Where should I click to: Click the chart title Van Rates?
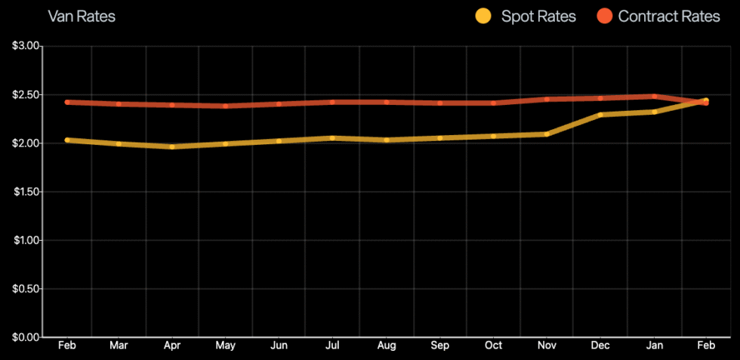(82, 16)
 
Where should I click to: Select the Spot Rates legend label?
(538, 16)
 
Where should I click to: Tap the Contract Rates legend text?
(669, 16)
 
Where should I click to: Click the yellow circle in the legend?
(483, 16)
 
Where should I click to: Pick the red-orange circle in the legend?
(604, 16)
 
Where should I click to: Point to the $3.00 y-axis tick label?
(25, 46)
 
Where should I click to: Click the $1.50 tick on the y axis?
(25, 192)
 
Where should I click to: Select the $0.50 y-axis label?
(25, 288)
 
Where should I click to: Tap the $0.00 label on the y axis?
(25, 337)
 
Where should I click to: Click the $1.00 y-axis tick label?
(25, 240)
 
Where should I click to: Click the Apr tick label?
(172, 346)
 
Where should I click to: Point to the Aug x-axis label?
(386, 346)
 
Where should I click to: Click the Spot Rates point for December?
(600, 115)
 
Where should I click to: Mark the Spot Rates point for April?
(172, 147)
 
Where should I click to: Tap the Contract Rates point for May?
(226, 106)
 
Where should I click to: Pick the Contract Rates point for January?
(654, 97)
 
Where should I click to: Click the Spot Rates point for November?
(547, 134)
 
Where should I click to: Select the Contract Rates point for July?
(333, 102)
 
